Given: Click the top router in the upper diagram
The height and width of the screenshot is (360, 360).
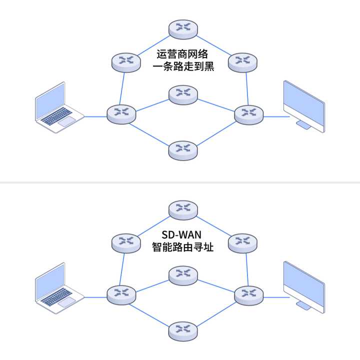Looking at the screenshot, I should pyautogui.click(x=183, y=29).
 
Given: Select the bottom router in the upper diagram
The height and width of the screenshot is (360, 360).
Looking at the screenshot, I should pyautogui.click(x=183, y=149).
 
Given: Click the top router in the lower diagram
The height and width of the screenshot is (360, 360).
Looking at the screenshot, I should pyautogui.click(x=183, y=210).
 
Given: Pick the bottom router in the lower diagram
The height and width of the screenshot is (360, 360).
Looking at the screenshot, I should pyautogui.click(x=183, y=330).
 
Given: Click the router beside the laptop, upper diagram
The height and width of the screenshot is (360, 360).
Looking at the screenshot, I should pyautogui.click(x=121, y=113).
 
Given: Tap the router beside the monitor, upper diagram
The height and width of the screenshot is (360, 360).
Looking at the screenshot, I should pyautogui.click(x=248, y=113).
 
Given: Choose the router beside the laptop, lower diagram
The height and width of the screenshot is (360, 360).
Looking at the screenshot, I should pyautogui.click(x=121, y=294).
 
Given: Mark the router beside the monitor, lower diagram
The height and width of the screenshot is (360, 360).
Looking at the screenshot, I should pyautogui.click(x=248, y=294).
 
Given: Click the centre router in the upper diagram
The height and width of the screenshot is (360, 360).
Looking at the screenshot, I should pyautogui.click(x=183, y=93).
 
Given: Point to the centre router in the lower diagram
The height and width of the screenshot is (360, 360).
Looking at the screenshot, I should pyautogui.click(x=183, y=274).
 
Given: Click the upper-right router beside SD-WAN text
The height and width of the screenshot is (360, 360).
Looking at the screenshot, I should pyautogui.click(x=242, y=243).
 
